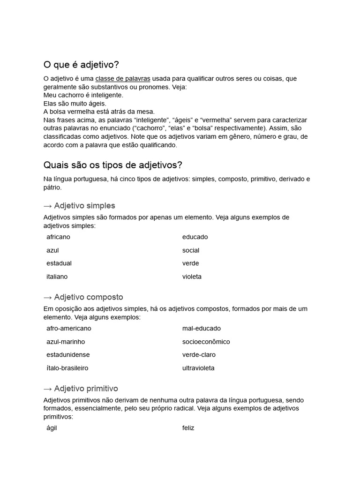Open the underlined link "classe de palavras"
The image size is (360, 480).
[x=123, y=79]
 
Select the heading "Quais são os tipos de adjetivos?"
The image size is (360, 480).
[x=112, y=165]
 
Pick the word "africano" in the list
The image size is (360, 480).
[x=58, y=237]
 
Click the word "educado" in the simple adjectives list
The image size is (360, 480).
[x=195, y=237]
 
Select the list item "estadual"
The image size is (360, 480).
[x=59, y=263]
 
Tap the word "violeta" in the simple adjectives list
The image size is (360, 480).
[x=192, y=277]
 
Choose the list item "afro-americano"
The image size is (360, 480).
[x=69, y=329]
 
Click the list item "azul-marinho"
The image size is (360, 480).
[x=66, y=342]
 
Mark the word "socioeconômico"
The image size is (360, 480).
[x=206, y=342]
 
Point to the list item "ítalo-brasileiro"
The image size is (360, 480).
[x=67, y=368]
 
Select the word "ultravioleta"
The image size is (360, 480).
[x=198, y=368]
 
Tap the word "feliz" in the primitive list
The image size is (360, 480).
[x=188, y=428]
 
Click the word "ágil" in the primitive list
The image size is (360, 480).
[x=52, y=428]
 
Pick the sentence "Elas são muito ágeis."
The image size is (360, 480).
[x=75, y=103]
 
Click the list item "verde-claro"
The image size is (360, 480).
[x=199, y=355]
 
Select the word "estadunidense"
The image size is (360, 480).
[x=68, y=355]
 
